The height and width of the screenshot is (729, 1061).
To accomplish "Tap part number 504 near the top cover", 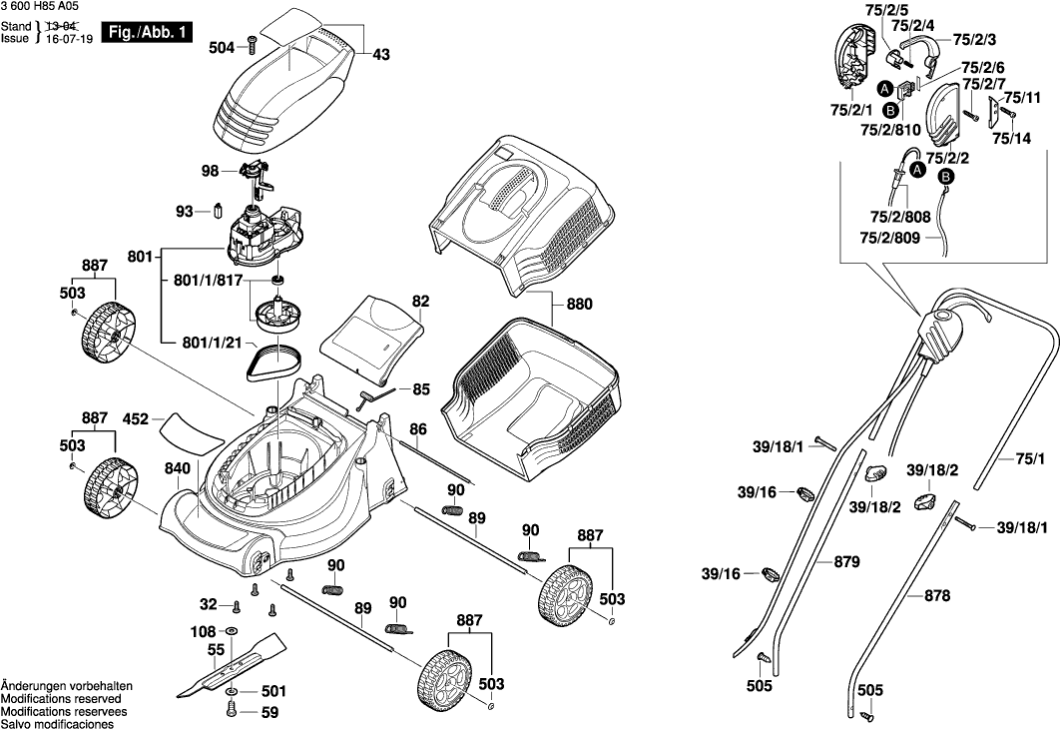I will (x=222, y=47).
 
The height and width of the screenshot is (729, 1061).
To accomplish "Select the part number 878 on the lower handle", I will (x=937, y=596).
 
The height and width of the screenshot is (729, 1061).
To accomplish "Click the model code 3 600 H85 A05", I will (x=39, y=7).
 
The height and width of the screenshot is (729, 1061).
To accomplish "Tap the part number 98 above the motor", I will (x=210, y=171).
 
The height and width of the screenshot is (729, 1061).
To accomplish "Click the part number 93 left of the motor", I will (x=185, y=212).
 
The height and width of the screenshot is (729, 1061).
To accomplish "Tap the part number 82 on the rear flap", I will (x=420, y=300).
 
